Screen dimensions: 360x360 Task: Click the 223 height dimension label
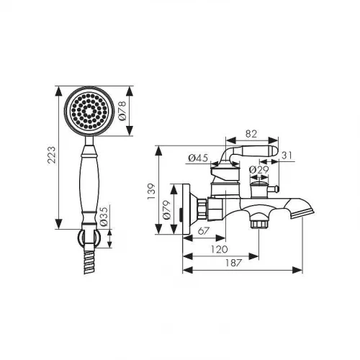[x=51, y=155]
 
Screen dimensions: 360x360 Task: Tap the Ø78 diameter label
[x=122, y=111]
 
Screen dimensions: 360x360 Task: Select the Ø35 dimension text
[x=104, y=216]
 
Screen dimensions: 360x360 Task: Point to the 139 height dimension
[x=151, y=191]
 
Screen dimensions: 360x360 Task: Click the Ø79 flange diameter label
[x=167, y=210]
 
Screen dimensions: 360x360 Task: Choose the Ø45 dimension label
[x=198, y=158]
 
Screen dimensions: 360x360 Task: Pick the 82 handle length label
[x=251, y=134]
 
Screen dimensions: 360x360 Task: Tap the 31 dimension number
[x=287, y=156]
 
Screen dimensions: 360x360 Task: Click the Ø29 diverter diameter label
[x=259, y=170]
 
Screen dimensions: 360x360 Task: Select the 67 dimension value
[x=204, y=231]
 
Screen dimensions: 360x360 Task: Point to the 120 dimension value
[x=219, y=249]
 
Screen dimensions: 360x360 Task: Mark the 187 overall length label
[x=233, y=263]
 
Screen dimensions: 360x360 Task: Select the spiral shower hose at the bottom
[x=89, y=262]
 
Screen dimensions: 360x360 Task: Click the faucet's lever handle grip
[x=259, y=151]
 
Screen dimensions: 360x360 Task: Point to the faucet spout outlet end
[x=302, y=214]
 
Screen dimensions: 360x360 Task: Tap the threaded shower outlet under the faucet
[x=258, y=223]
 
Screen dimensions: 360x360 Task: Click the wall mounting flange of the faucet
[x=186, y=209]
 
